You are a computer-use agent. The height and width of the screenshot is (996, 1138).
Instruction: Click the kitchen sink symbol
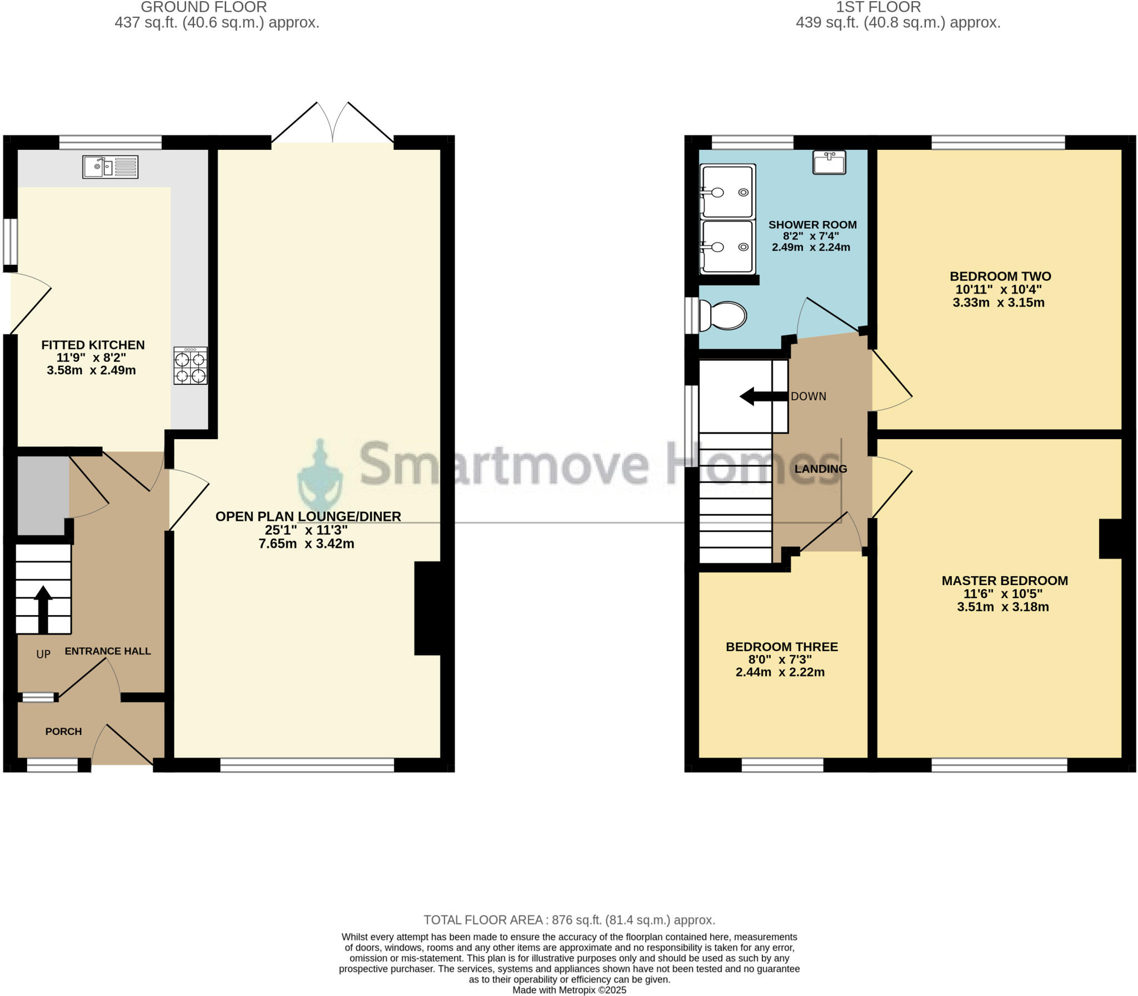[110, 167]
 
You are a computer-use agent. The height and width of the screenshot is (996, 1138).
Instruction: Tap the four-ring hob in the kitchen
[190, 366]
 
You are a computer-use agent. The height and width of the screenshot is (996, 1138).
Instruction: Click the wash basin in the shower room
[828, 162]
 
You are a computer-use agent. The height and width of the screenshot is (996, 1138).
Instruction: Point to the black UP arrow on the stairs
[43, 608]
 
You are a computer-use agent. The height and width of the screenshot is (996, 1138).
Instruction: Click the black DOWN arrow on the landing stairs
[763, 396]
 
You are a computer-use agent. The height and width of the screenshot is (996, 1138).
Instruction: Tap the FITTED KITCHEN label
[93, 345]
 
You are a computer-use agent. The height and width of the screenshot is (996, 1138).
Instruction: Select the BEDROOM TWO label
[1000, 276]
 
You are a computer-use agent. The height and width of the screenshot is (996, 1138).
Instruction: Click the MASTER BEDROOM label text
[1005, 581]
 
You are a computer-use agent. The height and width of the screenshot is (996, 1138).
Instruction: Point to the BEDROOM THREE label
[781, 647]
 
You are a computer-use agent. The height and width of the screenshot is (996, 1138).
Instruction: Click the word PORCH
[63, 731]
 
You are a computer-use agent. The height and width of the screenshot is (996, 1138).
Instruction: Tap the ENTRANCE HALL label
[108, 651]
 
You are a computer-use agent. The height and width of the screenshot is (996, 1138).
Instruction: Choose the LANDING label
[820, 469]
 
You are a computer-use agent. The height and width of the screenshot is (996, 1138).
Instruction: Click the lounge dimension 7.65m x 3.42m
[307, 544]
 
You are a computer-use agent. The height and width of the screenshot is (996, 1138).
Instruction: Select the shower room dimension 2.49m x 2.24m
[810, 247]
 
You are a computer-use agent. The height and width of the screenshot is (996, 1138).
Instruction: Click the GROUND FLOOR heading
[203, 7]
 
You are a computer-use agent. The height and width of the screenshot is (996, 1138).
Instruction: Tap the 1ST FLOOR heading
[879, 7]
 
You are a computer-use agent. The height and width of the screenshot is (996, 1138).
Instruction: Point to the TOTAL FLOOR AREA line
[569, 920]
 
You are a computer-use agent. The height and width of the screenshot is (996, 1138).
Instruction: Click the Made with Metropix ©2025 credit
[569, 990]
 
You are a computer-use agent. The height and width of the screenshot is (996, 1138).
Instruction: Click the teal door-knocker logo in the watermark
[320, 475]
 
